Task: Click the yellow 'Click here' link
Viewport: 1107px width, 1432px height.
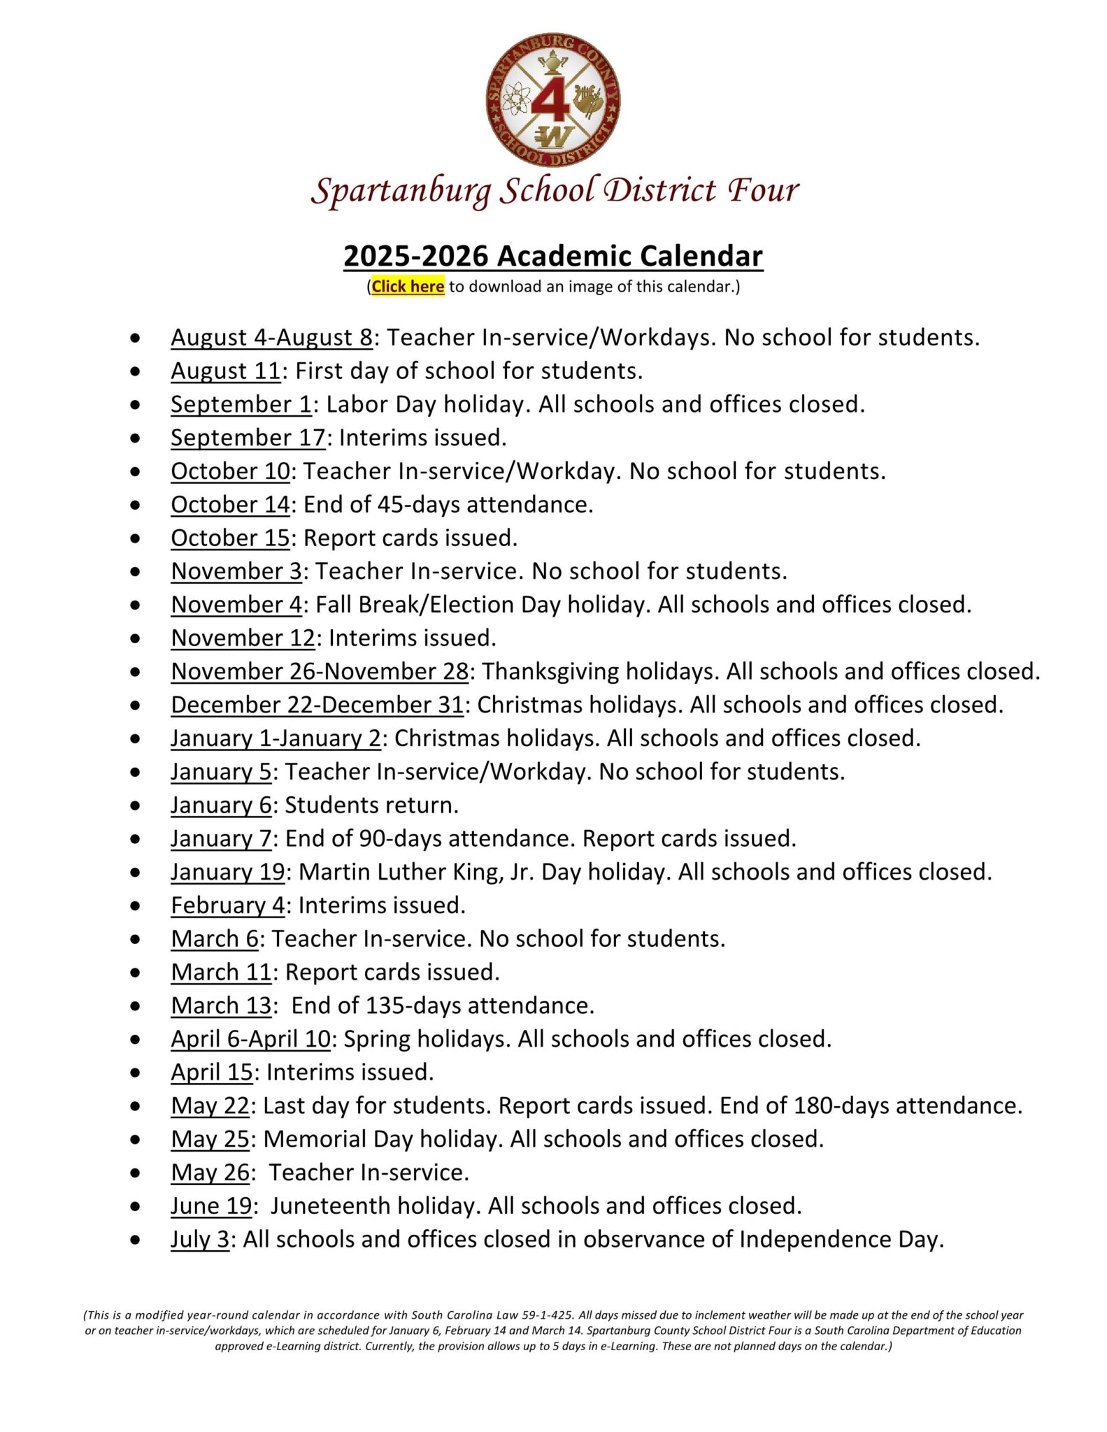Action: coord(408,287)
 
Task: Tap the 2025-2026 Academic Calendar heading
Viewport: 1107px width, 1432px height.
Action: coord(552,256)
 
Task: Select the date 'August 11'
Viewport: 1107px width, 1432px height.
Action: coord(225,371)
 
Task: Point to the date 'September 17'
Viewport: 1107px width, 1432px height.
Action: coord(248,438)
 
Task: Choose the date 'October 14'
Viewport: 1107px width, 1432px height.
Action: coord(230,505)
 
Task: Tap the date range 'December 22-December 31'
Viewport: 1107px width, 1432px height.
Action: coord(317,706)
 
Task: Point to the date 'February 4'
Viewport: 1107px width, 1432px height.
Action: coord(228,906)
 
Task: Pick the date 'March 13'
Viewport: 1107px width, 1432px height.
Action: coord(221,1006)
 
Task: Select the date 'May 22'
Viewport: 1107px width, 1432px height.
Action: coord(210,1106)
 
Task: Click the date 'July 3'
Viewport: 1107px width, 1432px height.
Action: coord(200,1240)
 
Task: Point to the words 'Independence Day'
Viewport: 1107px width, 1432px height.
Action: coord(839,1240)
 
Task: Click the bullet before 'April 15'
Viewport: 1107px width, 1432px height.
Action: coord(135,1073)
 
